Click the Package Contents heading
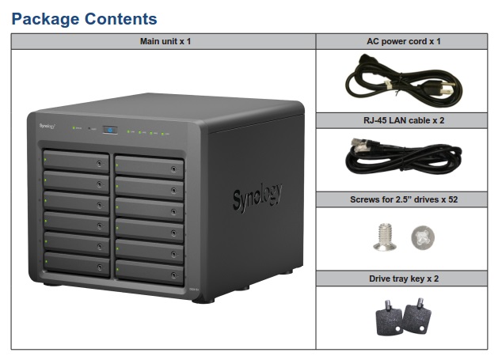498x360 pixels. [x=84, y=19]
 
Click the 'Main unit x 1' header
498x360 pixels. [x=163, y=41]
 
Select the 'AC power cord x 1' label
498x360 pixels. [x=403, y=41]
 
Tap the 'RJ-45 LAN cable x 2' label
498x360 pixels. [x=403, y=120]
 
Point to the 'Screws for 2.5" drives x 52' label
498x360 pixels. [x=403, y=199]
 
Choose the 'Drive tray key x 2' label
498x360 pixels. [x=403, y=279]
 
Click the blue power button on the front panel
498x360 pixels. [x=112, y=130]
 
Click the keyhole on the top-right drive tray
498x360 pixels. [x=173, y=169]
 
